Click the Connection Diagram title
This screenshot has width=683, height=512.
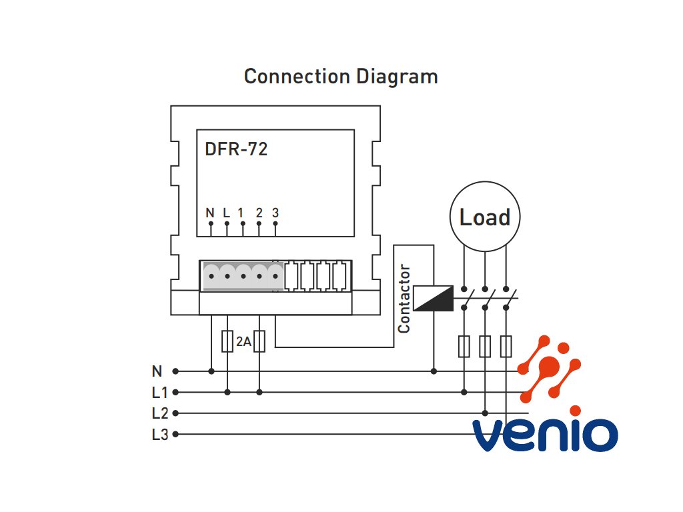click(341, 77)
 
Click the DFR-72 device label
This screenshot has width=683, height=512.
click(236, 149)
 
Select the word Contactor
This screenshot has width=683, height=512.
click(404, 299)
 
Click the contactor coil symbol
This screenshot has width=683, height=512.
click(433, 298)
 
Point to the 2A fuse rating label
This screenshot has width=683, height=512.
click(243, 342)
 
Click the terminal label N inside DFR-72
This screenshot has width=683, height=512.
click(210, 213)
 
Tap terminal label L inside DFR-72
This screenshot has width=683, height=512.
click(226, 213)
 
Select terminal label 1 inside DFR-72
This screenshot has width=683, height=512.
click(240, 213)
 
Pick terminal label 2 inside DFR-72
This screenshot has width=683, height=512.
click(259, 213)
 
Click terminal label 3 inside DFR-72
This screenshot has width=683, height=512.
click(275, 213)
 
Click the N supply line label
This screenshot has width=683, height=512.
click(157, 371)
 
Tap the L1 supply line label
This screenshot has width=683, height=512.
click(159, 393)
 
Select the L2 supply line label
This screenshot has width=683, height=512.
click(160, 413)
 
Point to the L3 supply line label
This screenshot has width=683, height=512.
click(160, 435)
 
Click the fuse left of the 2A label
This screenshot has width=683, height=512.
click(227, 341)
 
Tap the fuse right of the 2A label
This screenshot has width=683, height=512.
click(259, 341)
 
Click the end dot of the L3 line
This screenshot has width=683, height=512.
click(175, 434)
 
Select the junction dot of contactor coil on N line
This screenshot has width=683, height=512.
click(434, 371)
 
